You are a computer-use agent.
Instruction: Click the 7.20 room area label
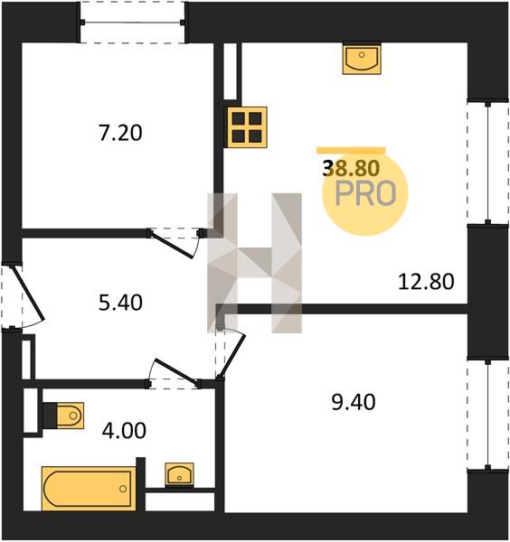(x=120, y=133)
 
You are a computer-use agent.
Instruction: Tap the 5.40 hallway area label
(x=120, y=303)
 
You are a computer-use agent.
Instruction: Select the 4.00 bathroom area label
(x=124, y=431)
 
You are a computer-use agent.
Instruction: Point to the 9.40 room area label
(x=354, y=402)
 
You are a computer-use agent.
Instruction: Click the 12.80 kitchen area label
(x=426, y=282)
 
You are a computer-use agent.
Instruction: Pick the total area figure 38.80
(x=351, y=169)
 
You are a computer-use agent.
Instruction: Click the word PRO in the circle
(x=365, y=194)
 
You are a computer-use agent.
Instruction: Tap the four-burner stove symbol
(x=247, y=127)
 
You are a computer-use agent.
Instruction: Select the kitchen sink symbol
(x=362, y=59)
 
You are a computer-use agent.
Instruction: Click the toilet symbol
(x=63, y=416)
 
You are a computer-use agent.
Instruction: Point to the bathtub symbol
(x=89, y=489)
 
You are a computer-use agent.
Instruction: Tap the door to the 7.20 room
(x=171, y=245)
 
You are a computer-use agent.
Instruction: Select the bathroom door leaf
(x=175, y=371)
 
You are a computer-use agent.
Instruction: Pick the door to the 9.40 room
(x=232, y=355)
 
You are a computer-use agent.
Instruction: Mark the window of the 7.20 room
(x=133, y=23)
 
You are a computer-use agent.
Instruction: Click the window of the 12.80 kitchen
(x=488, y=164)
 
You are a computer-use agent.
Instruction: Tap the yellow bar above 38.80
(x=351, y=150)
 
